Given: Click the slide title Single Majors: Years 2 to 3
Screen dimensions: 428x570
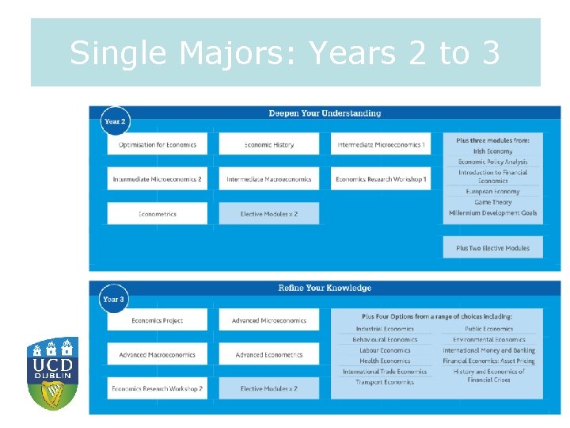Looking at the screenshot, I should [285, 53].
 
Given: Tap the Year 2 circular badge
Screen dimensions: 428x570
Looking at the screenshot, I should [115, 121].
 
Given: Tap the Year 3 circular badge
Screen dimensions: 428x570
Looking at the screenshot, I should [113, 299].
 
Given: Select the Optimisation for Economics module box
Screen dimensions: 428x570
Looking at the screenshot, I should [158, 144].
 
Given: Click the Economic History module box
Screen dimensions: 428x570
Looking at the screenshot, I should [269, 144].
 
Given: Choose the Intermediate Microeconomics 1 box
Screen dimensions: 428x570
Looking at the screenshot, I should [381, 144].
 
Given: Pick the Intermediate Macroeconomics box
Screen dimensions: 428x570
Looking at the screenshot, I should [269, 179].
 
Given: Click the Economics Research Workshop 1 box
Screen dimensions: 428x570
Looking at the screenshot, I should [381, 179].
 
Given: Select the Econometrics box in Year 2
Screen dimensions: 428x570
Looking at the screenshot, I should [158, 214].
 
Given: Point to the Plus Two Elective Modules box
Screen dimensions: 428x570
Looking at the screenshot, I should [492, 248].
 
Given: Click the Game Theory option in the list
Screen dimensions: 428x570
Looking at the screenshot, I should [492, 202].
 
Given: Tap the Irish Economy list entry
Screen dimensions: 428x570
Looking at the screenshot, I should [492, 151].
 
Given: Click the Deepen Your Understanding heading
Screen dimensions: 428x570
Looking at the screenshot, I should [325, 113].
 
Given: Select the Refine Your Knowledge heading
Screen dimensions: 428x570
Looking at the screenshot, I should [325, 288].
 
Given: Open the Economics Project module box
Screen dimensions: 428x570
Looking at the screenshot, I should [158, 320].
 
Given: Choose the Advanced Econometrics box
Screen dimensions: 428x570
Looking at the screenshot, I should [269, 354].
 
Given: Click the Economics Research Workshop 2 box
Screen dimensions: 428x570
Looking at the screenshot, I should [158, 388].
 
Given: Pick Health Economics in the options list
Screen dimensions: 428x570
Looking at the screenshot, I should [385, 361].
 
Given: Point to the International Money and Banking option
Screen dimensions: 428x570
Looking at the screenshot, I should [488, 350].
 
